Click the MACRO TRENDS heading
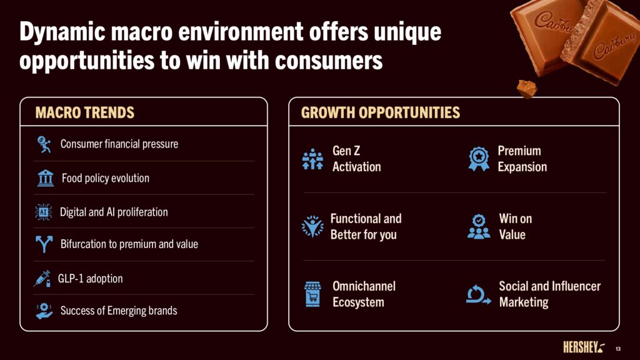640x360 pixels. (84, 112)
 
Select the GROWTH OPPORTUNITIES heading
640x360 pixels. (381, 112)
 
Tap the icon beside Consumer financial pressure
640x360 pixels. (44, 144)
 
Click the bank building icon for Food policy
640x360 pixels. (45, 178)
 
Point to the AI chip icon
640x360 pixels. (43, 212)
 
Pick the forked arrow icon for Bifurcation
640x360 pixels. (44, 244)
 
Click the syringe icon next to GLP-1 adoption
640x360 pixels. (42, 278)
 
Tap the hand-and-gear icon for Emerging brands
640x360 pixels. (44, 311)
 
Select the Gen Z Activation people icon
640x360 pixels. (312, 159)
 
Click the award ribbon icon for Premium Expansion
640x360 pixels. (479, 159)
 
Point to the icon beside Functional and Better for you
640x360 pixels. (312, 226)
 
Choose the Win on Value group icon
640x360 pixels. (479, 226)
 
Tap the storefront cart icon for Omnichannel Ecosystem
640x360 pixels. (312, 294)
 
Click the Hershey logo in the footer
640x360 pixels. (584, 347)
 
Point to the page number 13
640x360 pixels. (618, 349)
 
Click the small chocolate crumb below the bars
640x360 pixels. (527, 89)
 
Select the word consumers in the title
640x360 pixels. (329, 61)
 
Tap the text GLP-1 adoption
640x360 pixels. (90, 279)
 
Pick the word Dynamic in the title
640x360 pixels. (62, 32)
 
